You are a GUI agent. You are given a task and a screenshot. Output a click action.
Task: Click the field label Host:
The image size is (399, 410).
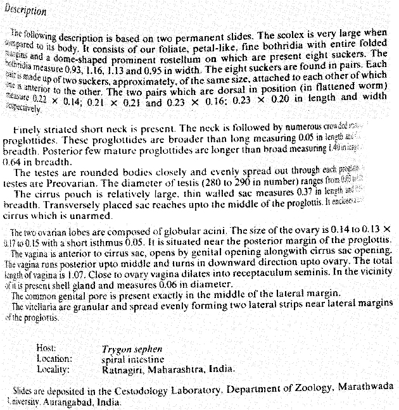[47, 347]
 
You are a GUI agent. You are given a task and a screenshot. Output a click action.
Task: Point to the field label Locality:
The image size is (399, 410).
[53, 368]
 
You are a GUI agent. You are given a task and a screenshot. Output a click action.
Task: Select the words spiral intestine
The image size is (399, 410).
[132, 357]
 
